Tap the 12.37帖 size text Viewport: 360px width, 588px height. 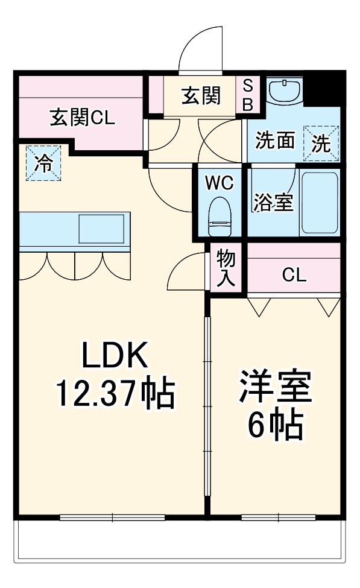(115, 394)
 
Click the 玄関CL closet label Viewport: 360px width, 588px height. (81, 117)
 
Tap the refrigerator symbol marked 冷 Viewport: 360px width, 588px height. (43, 163)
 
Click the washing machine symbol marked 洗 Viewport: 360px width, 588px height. (321, 142)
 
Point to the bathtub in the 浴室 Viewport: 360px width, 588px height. (320, 204)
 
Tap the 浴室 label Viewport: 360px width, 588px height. (273, 203)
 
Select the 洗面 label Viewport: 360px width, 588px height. (274, 141)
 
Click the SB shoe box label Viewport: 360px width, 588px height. (248, 95)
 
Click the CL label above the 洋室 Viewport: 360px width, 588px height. (294, 276)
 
